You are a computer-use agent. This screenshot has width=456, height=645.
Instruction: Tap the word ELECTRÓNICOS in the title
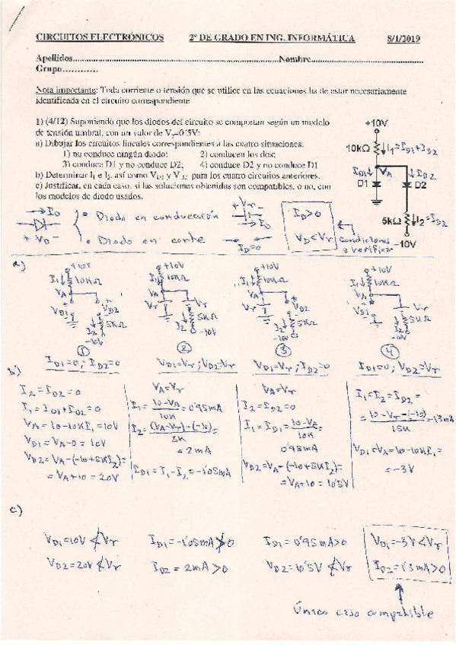pyautogui.click(x=129, y=37)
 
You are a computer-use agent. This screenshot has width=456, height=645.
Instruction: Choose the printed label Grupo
pyautogui.click(x=47, y=69)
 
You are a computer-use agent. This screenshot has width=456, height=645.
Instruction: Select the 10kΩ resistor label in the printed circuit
pyautogui.click(x=359, y=149)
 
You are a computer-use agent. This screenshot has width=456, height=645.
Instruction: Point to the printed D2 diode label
pyautogui.click(x=421, y=184)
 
